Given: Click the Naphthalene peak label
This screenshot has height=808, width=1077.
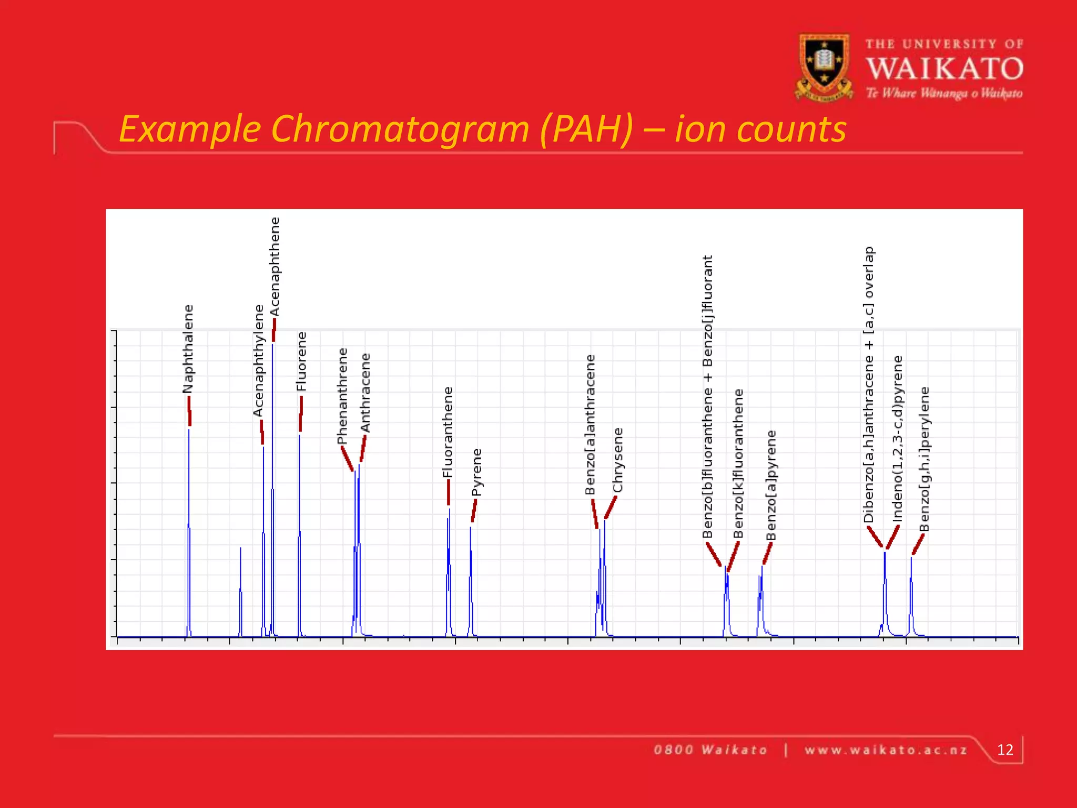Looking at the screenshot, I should point(188,349).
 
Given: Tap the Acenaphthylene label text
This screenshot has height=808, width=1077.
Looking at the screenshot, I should point(258,361).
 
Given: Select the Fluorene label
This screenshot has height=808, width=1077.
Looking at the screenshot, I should point(301,361).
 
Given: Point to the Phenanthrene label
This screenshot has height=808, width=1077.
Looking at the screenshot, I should point(342,396).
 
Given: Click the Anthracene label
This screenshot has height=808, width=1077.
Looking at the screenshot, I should point(365,392).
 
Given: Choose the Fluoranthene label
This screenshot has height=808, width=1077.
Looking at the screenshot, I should point(448,432).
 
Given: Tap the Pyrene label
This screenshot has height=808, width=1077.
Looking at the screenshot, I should point(476,472).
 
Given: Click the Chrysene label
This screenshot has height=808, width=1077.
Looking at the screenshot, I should point(618,460).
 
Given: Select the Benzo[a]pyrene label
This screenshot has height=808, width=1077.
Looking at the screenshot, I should point(771,485).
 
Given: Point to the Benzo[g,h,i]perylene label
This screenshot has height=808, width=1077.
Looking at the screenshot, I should point(924,459).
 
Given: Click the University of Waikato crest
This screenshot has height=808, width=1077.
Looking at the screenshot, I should point(824,67).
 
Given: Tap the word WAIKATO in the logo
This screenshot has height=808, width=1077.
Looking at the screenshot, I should point(944,69).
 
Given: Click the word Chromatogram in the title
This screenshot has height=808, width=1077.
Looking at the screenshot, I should point(400,129).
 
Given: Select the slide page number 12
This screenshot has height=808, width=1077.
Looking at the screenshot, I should point(1005,750).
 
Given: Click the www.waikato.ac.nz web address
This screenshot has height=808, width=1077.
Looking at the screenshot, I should point(886,750).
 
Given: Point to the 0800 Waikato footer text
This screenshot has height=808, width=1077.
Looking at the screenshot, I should point(710,750).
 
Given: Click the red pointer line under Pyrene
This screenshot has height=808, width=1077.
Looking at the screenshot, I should point(474,510).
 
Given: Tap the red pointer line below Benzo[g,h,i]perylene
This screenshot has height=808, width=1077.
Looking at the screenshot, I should point(918,544).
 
